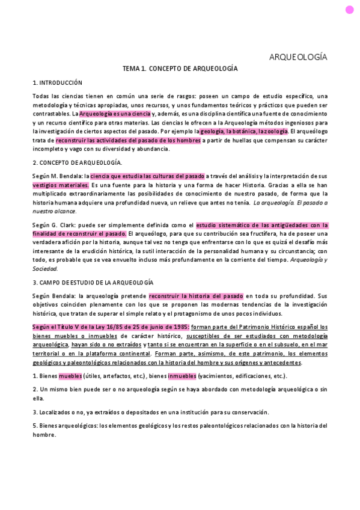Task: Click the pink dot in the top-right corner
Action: (349, 10)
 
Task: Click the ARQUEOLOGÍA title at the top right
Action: (298, 57)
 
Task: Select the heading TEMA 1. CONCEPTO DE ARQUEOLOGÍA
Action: (180, 69)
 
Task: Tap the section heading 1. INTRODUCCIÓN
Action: (57, 82)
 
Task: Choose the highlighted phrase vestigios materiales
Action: (61, 185)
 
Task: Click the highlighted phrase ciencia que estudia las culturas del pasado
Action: (147, 176)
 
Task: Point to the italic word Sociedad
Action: (44, 268)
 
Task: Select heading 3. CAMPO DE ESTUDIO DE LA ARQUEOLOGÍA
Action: (93, 282)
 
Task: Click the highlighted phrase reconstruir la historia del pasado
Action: (196, 296)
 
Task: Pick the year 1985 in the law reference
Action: (180, 327)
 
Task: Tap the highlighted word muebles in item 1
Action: (70, 376)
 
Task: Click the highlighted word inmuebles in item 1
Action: (182, 376)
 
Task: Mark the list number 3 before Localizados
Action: (34, 412)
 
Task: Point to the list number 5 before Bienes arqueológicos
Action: (34, 426)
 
